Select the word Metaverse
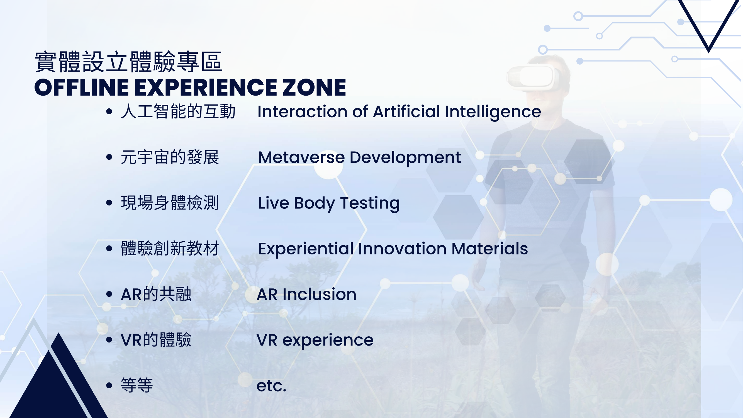point(301,157)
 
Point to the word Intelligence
point(493,112)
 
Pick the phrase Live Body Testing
point(329,203)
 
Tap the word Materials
point(490,249)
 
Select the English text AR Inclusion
point(307,295)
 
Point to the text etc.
point(271,386)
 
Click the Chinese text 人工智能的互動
point(178,112)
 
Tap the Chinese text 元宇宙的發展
point(170,157)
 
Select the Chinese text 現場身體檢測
point(170,203)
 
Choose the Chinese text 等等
point(137,385)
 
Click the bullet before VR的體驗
point(109,340)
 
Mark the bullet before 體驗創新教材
point(109,248)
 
